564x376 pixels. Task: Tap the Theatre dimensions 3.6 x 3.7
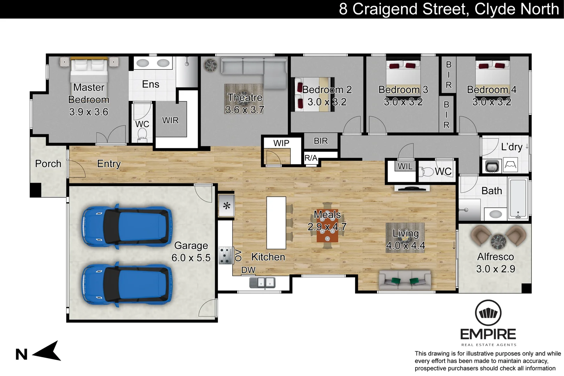(x=244, y=110)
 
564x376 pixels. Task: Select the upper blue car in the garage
(x=127, y=227)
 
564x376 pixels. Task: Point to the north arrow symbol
(x=48, y=351)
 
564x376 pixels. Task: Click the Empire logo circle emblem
(x=488, y=313)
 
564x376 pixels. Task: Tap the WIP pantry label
(x=281, y=143)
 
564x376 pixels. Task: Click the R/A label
(x=311, y=158)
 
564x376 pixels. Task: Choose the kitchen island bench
(x=276, y=223)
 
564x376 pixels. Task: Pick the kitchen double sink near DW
(x=262, y=282)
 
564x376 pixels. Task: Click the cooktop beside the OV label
(x=225, y=256)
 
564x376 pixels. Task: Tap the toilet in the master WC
(x=142, y=135)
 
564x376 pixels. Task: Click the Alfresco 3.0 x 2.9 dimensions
(x=495, y=269)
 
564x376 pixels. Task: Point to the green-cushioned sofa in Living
(x=405, y=280)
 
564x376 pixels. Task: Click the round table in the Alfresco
(x=498, y=241)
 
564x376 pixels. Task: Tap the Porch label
(x=48, y=164)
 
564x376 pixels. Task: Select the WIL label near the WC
(x=405, y=166)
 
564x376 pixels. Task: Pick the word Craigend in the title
(x=410, y=9)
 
